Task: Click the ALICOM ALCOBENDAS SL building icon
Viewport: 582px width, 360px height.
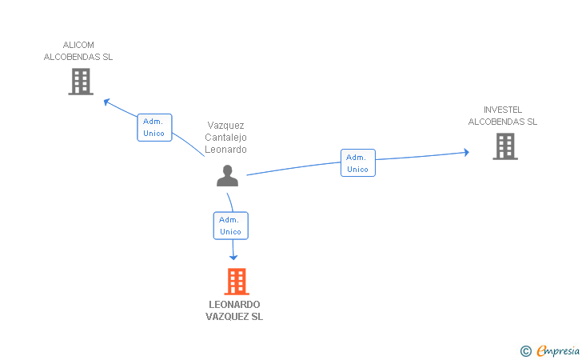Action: [x=81, y=82]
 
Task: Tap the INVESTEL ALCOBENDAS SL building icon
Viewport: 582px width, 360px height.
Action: [x=505, y=146]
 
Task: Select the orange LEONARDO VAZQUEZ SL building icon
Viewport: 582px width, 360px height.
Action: [x=237, y=282]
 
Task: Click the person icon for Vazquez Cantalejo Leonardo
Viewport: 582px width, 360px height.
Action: [x=228, y=176]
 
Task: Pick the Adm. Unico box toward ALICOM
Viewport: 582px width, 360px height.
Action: [x=154, y=127]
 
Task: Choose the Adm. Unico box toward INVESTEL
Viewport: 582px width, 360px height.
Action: [x=358, y=162]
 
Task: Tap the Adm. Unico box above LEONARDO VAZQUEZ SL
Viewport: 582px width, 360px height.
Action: [x=231, y=226]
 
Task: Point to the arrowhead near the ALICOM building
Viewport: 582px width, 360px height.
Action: [x=107, y=102]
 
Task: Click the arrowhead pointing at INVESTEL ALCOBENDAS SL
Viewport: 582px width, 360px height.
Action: [x=466, y=152]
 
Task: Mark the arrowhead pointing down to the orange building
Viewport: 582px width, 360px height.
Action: [x=233, y=257]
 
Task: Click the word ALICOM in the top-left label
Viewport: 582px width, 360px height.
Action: [x=78, y=45]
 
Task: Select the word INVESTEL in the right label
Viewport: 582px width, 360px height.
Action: [x=503, y=110]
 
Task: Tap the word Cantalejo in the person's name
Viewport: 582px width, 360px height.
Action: [x=225, y=138]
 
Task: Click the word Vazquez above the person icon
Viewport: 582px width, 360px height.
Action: [x=225, y=126]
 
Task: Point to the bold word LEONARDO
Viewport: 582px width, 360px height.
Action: [x=234, y=305]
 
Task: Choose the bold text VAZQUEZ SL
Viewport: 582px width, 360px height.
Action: [x=234, y=317]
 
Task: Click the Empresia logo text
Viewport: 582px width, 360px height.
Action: [x=558, y=350]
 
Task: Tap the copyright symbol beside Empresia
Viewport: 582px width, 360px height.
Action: [x=526, y=351]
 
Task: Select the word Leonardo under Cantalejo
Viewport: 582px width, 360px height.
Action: [x=225, y=150]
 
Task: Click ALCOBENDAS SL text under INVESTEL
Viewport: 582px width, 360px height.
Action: [x=503, y=122]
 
